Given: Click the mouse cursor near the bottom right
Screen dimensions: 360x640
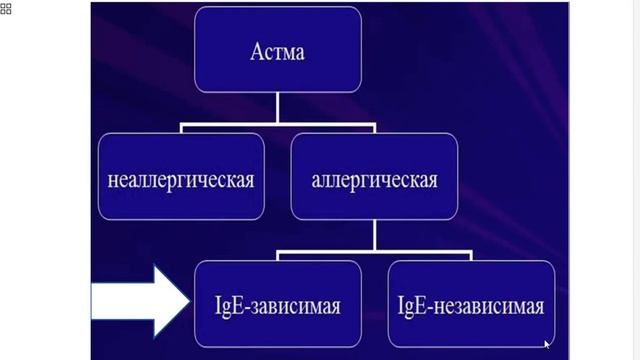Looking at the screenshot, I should tap(548, 344).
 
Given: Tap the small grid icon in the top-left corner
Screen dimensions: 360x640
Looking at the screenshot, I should tap(6, 9).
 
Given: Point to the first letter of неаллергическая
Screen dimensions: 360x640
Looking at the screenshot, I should tap(112, 181).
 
